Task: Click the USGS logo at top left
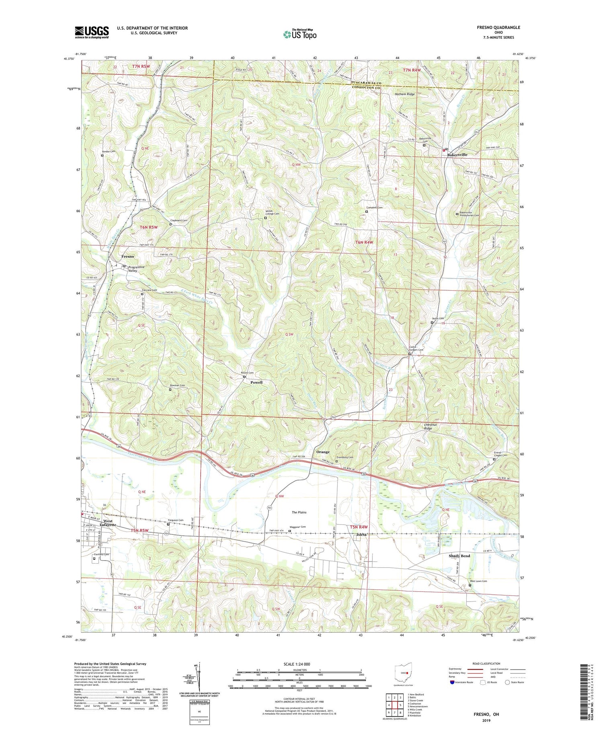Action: coord(92,32)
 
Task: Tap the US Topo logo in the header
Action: coord(299,35)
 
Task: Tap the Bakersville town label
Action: coord(457,154)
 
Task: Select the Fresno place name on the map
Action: coord(128,256)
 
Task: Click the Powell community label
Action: coord(256,382)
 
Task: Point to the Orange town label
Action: coord(323,452)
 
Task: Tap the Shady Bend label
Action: coord(459,556)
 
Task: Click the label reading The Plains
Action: coord(299,512)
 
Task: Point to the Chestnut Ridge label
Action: coord(428,427)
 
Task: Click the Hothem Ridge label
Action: coord(404,94)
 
